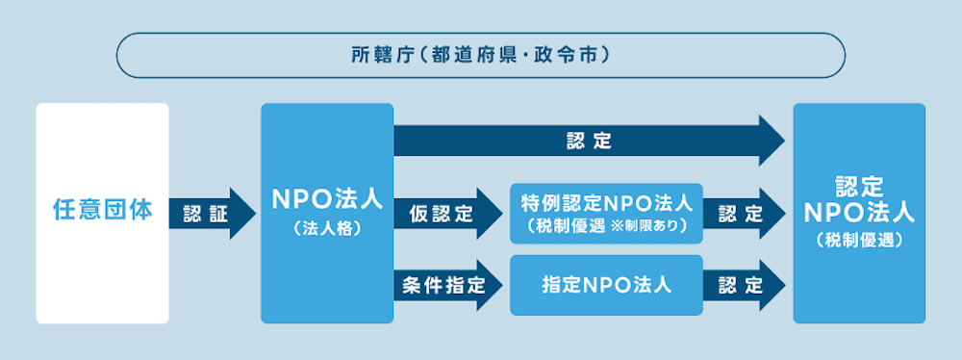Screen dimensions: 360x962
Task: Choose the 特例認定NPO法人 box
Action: coord(605,213)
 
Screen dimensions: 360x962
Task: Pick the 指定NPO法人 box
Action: coord(605,285)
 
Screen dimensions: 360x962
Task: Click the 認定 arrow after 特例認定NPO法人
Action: coord(742,213)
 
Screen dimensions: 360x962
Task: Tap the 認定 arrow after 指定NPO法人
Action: coord(742,285)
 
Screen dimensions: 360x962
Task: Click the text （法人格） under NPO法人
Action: coord(326,231)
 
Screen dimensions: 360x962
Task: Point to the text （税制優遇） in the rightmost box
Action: coord(858,241)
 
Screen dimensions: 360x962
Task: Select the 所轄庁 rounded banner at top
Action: coord(480,55)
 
